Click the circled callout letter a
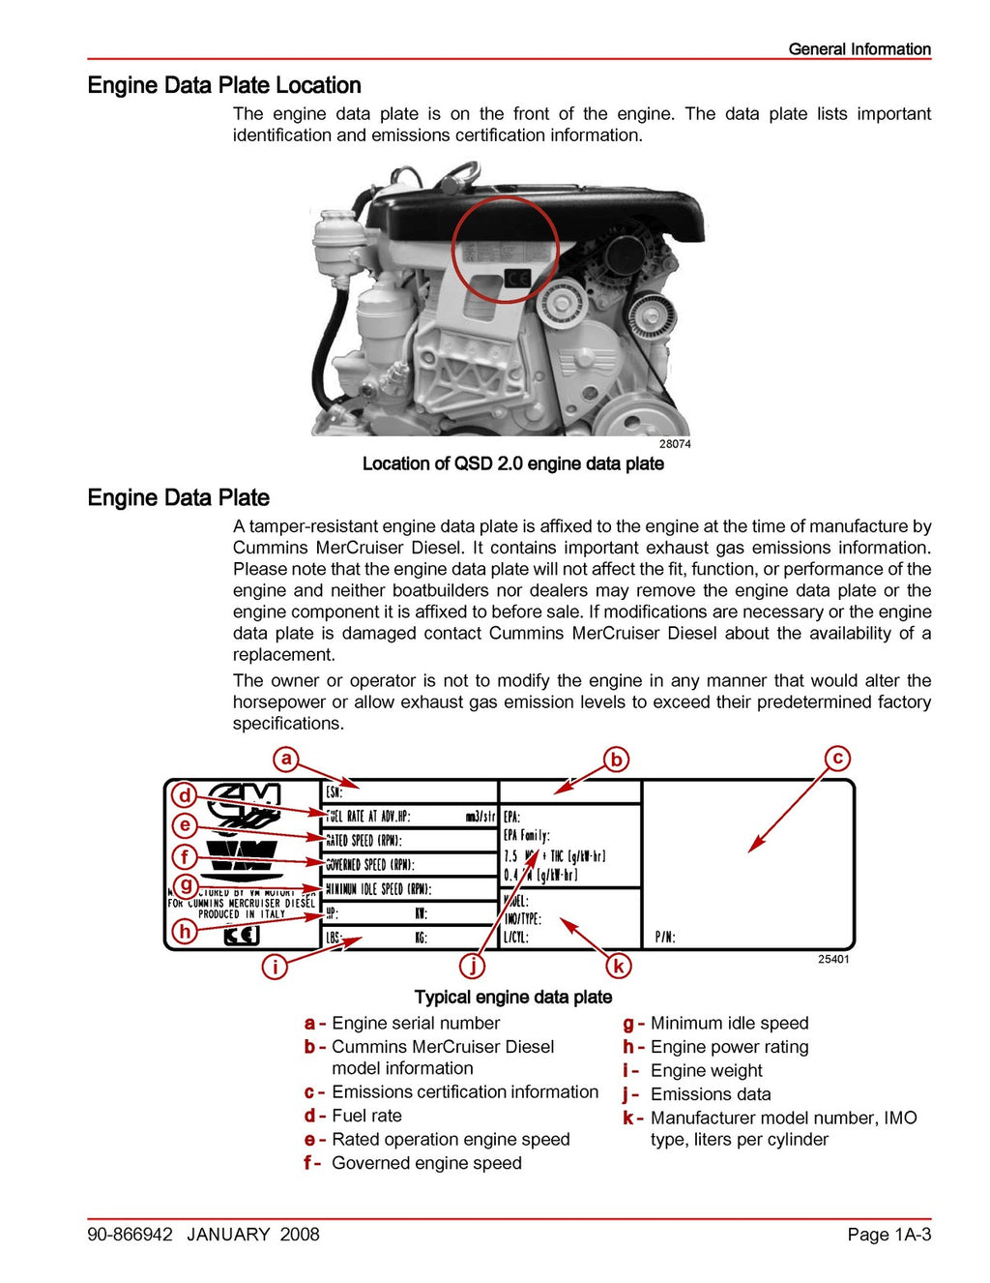[285, 759]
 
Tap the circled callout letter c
[837, 759]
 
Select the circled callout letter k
[618, 965]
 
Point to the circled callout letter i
[275, 966]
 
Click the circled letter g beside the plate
[185, 884]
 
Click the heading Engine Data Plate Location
[224, 85]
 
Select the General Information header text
[859, 48]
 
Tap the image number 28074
[675, 444]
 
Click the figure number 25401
[833, 959]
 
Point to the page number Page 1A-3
[888, 1234]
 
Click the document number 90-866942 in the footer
[131, 1234]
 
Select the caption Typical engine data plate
[512, 997]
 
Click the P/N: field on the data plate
[665, 937]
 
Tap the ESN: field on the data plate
[335, 791]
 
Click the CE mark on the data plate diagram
[242, 936]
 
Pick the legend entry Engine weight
[706, 1070]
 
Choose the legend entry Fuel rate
[366, 1116]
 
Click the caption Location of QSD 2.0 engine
[512, 463]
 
